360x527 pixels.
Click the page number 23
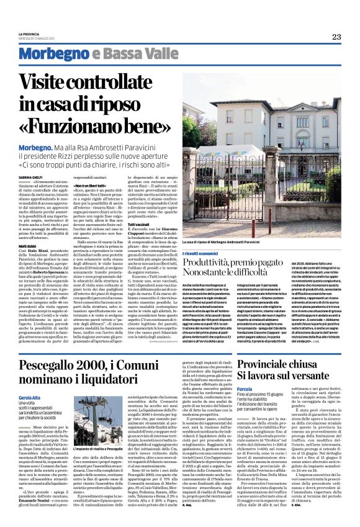coord(336,37)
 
